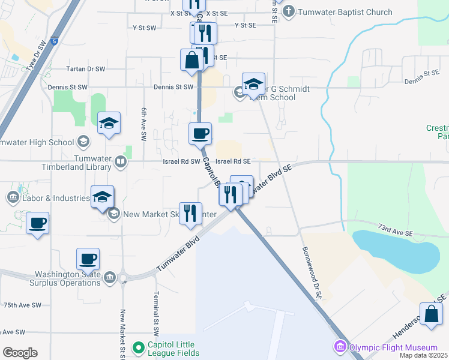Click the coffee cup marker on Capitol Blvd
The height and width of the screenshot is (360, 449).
coord(200,133)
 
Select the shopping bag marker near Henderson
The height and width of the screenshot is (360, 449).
coord(431,314)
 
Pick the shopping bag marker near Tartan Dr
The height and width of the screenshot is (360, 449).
coord(191,60)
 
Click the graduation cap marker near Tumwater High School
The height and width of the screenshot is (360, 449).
coord(109,123)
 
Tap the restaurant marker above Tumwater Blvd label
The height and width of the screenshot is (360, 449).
coord(190,213)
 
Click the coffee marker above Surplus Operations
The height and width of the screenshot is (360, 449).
coord(88,259)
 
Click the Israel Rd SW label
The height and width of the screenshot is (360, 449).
coord(181,161)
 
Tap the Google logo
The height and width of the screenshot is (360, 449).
coord(20,353)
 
